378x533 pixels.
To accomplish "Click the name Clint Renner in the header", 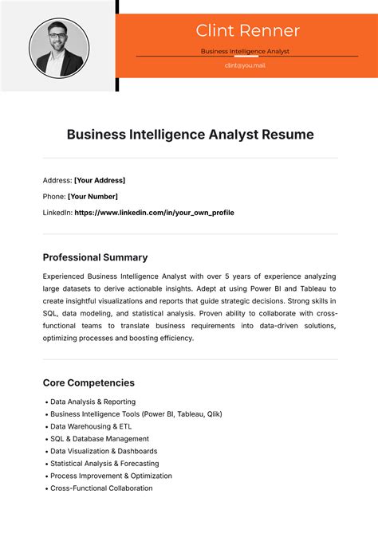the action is click(247, 31).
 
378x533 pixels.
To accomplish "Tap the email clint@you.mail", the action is click(245, 65).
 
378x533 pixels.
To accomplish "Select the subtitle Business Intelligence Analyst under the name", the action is click(245, 51).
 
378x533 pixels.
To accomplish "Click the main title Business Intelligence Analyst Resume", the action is click(189, 135).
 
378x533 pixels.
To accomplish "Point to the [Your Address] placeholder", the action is click(100, 180).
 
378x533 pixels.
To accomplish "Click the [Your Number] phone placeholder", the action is click(93, 196).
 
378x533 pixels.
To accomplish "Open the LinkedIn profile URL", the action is click(154, 213).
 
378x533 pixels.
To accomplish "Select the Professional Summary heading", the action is click(95, 257).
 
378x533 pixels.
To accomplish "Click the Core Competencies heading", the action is click(89, 382).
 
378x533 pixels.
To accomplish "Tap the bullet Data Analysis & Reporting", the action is click(93, 402).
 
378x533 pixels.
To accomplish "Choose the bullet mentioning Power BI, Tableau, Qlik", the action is click(136, 414).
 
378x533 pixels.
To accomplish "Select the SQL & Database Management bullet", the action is click(99, 439).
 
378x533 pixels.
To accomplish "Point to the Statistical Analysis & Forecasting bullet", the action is click(104, 464).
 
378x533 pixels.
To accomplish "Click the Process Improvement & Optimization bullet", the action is click(111, 476).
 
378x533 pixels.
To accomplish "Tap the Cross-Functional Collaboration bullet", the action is click(101, 488).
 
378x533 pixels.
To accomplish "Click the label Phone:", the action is click(54, 196).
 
